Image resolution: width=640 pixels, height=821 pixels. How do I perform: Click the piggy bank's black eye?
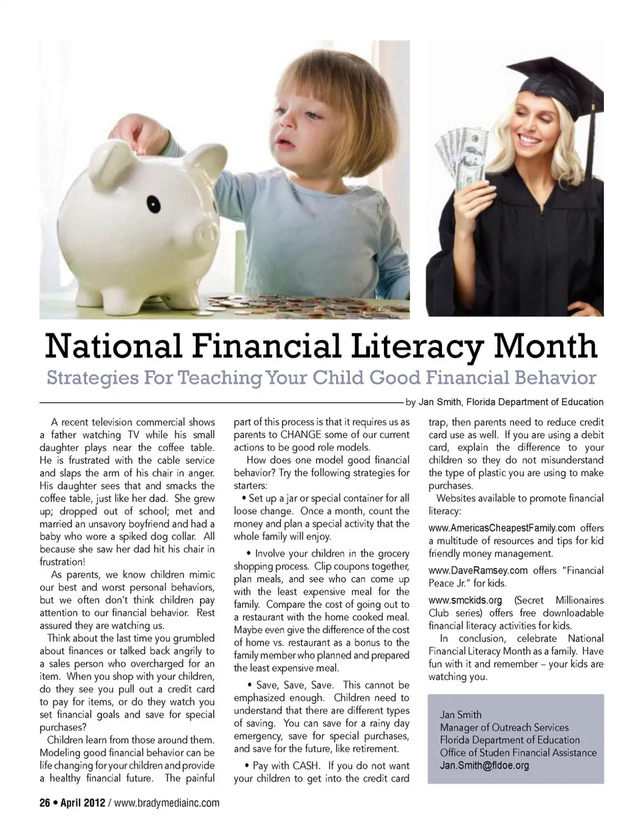click(154, 203)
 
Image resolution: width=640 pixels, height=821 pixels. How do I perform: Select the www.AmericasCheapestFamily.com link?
click(502, 528)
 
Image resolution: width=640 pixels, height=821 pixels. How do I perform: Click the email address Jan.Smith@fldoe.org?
click(484, 765)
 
